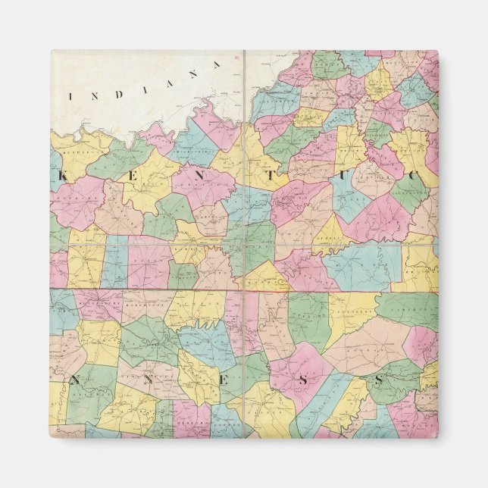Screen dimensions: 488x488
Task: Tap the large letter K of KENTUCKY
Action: (x=63, y=174)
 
